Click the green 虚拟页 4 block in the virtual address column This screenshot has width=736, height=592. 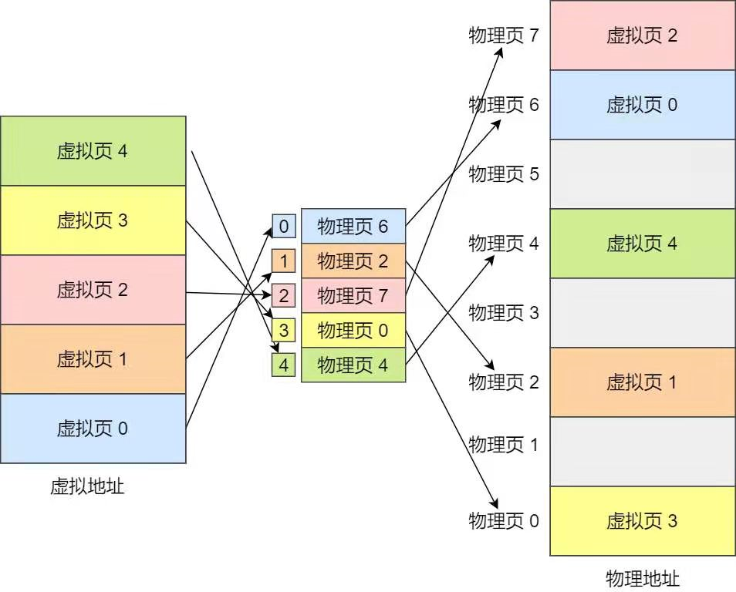93,151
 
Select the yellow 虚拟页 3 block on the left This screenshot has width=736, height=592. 93,220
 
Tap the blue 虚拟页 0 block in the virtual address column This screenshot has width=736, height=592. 93,429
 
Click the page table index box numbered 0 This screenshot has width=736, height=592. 284,227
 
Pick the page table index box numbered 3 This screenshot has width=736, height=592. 284,331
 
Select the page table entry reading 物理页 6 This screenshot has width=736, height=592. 353,227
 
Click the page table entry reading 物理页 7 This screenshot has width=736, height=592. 353,296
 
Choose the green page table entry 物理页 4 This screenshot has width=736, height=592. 353,365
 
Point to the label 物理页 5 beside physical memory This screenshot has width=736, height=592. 504,174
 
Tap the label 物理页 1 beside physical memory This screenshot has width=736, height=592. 504,445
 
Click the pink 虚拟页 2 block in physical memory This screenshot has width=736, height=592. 642,35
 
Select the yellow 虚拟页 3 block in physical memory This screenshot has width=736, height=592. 642,521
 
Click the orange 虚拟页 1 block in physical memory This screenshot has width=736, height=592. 642,382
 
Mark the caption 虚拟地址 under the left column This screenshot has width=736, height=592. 87,486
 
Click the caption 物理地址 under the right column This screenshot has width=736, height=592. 643,579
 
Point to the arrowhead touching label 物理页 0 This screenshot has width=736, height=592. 491,502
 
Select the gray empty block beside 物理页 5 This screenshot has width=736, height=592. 642,174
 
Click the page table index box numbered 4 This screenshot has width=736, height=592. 284,365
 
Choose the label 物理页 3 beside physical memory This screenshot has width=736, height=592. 504,313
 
